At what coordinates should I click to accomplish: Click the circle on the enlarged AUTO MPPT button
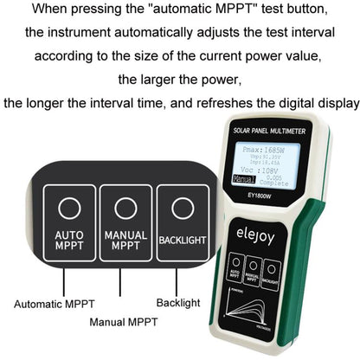pos(69,208)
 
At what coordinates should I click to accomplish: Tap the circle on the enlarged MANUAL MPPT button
pos(125,208)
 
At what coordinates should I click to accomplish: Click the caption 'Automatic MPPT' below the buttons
pos(54,304)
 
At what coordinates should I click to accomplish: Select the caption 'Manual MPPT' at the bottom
pos(124,322)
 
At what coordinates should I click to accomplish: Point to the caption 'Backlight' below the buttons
pos(178,304)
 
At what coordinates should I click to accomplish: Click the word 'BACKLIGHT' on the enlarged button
pos(182,241)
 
